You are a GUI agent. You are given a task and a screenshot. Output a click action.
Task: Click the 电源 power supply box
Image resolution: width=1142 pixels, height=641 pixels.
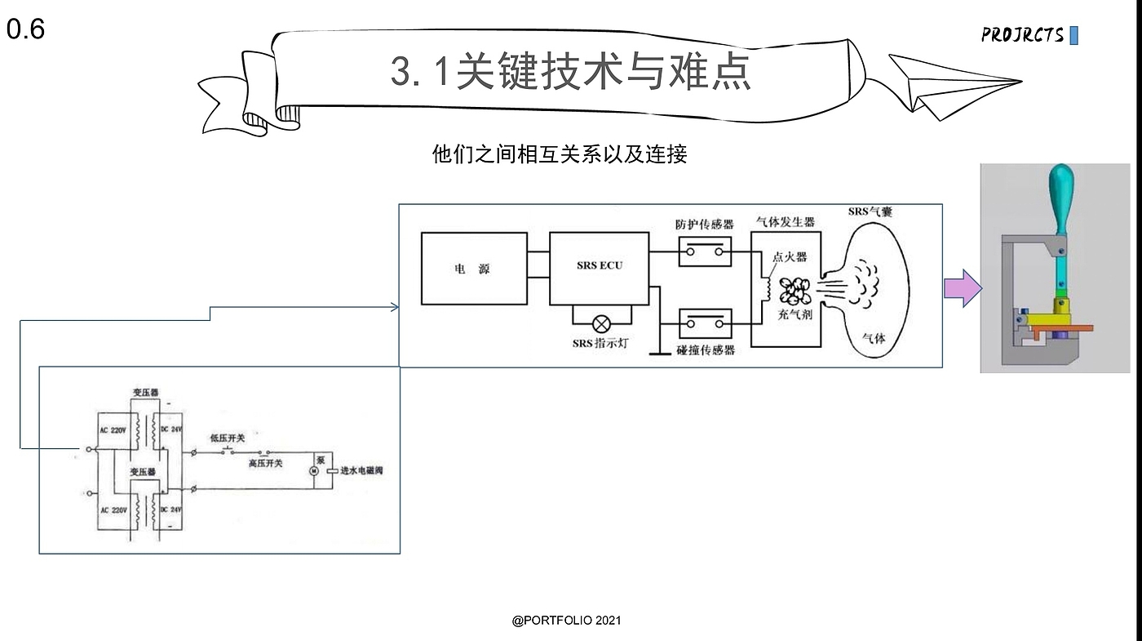pos(473,269)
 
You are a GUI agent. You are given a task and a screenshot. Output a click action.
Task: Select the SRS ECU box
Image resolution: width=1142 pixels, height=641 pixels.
pos(599,267)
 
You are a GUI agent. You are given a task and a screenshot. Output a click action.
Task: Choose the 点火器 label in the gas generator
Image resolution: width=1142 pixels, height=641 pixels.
pos(790,256)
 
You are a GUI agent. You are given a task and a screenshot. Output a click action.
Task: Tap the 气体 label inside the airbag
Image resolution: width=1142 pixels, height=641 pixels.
pos(874,338)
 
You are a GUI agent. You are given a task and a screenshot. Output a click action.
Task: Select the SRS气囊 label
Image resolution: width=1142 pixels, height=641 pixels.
pos(870,212)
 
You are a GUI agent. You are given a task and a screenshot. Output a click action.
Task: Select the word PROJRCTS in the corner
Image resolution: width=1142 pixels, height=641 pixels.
pos(1023,35)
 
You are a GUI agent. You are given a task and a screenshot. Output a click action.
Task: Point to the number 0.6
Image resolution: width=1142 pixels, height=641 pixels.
pos(25,30)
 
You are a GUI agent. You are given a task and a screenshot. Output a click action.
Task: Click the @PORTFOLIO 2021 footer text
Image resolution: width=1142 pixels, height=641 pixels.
pos(566,621)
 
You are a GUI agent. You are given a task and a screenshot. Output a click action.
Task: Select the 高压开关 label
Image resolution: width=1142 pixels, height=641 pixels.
pos(265,463)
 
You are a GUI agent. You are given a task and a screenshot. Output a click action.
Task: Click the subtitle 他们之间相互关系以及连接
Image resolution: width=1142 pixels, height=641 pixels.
pos(559,154)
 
